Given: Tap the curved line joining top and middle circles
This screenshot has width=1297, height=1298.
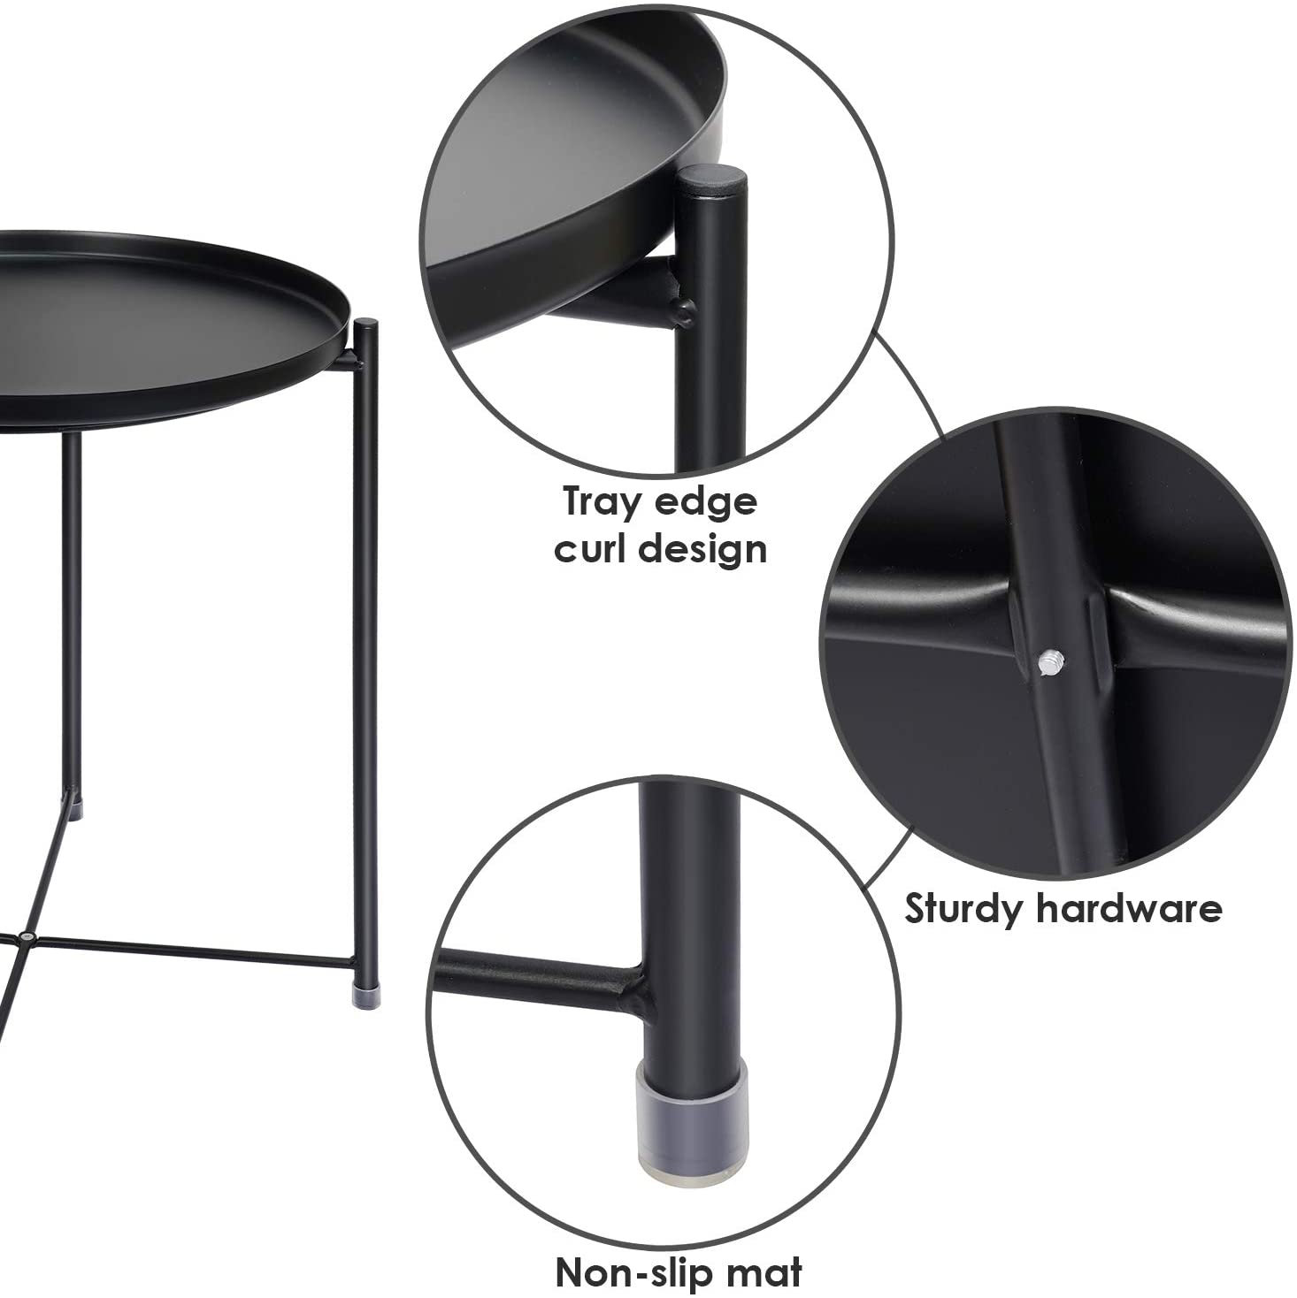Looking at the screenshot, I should pos(911,371).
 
